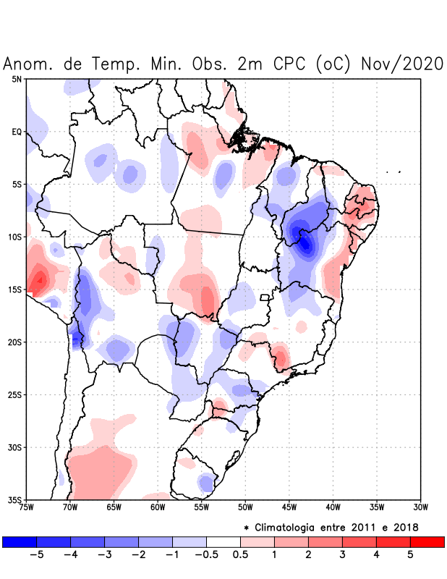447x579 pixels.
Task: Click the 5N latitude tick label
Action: (17, 79)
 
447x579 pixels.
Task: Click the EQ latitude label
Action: (17, 132)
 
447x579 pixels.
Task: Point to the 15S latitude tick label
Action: (15, 289)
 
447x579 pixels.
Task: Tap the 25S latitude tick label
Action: (15, 394)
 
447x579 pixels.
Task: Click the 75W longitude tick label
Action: (27, 507)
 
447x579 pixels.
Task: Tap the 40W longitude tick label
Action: (333, 507)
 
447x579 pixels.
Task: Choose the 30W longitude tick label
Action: (420, 507)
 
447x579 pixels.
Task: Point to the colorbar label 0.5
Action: (240, 555)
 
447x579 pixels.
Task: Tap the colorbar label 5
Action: (411, 555)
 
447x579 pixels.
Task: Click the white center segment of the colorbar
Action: (223, 541)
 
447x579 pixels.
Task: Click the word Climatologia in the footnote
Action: (294, 526)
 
